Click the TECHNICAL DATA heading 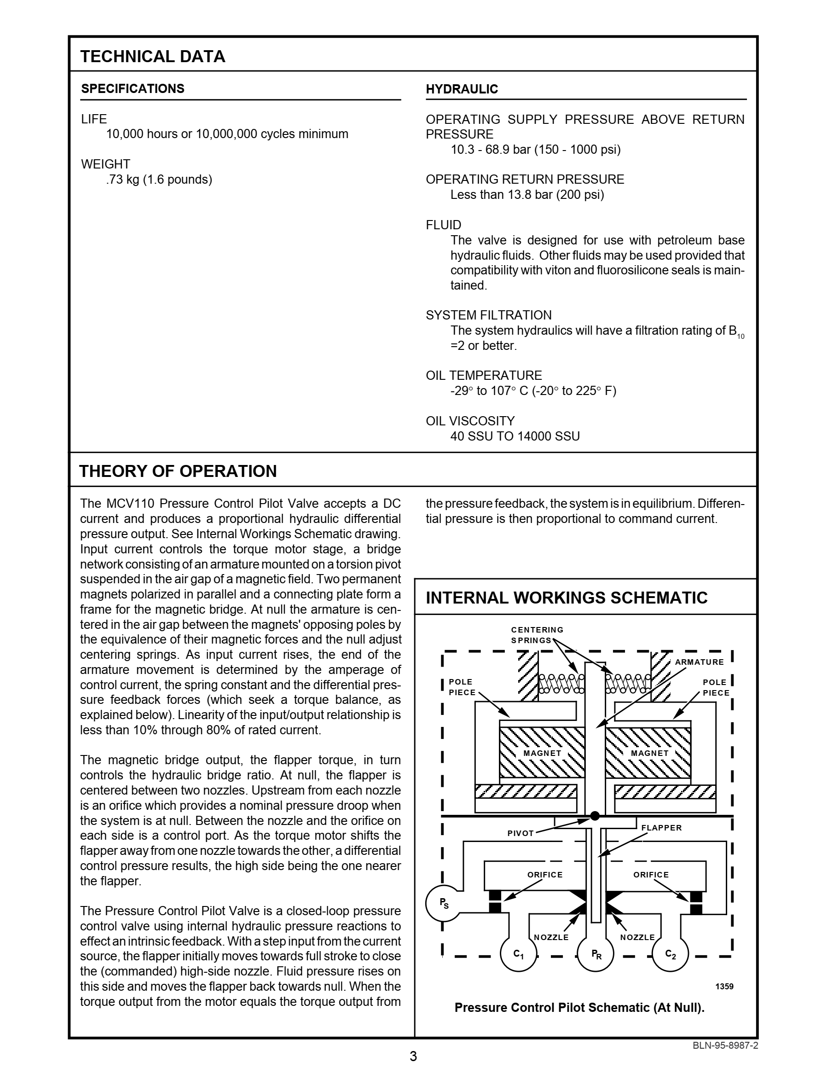[x=153, y=57]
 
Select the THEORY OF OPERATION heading [x=178, y=471]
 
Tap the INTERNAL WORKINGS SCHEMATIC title [x=566, y=597]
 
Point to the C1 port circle [x=518, y=953]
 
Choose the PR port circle [x=596, y=953]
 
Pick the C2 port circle [x=670, y=953]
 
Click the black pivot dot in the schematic [x=595, y=816]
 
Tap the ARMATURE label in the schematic [x=699, y=662]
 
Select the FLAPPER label [x=661, y=827]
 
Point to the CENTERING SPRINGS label [x=537, y=635]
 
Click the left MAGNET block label [x=542, y=753]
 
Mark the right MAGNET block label [x=649, y=753]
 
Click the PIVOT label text [x=520, y=833]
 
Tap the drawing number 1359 [x=724, y=986]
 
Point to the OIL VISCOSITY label [x=470, y=421]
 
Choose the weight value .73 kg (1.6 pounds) [x=159, y=180]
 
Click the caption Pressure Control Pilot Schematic [x=579, y=1007]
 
